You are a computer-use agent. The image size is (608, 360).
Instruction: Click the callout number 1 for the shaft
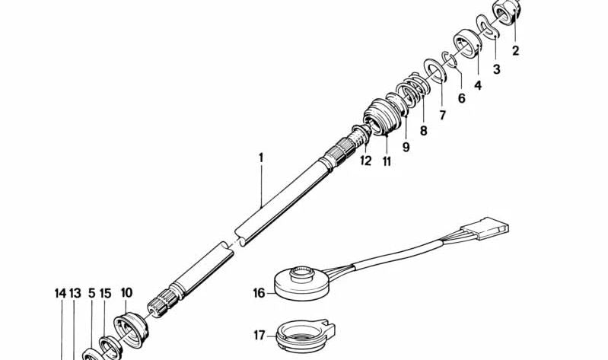pos(261,158)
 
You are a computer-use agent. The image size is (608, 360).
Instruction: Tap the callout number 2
pos(515,51)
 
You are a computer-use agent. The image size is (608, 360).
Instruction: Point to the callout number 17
pos(259,335)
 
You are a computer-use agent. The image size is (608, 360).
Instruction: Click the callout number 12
pos(366,161)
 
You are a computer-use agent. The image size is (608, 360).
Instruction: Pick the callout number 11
pos(387,161)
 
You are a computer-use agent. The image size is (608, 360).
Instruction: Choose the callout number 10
pos(126,292)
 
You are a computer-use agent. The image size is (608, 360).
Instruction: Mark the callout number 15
pos(106,294)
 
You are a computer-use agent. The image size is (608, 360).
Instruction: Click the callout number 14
pos(60,294)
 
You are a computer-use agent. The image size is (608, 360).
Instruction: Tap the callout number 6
pos(461,98)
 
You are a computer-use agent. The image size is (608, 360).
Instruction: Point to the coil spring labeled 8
pos(414,91)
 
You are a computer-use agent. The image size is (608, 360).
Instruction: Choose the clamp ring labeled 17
pos(306,335)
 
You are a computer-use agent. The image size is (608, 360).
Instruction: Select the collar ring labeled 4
pos(468,43)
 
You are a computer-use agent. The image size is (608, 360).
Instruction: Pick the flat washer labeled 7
pos(436,70)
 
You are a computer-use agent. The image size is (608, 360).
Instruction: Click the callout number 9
pos(406,148)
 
